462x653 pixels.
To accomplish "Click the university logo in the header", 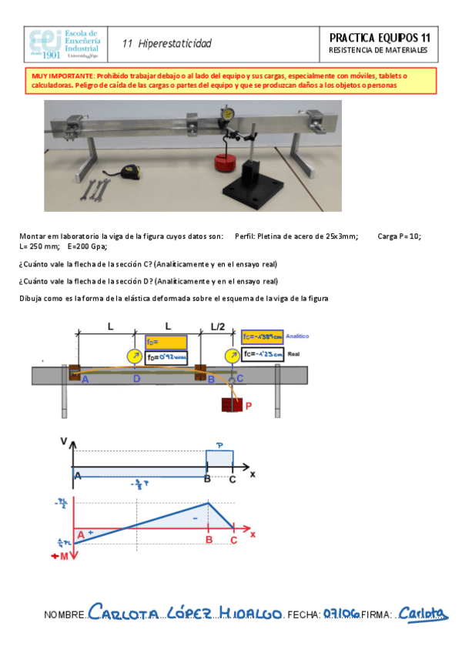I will coord(65,45).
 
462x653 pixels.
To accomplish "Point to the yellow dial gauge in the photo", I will coord(228,113).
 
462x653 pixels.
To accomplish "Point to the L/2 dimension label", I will coord(219,326).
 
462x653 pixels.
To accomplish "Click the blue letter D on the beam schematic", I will coord(136,379).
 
